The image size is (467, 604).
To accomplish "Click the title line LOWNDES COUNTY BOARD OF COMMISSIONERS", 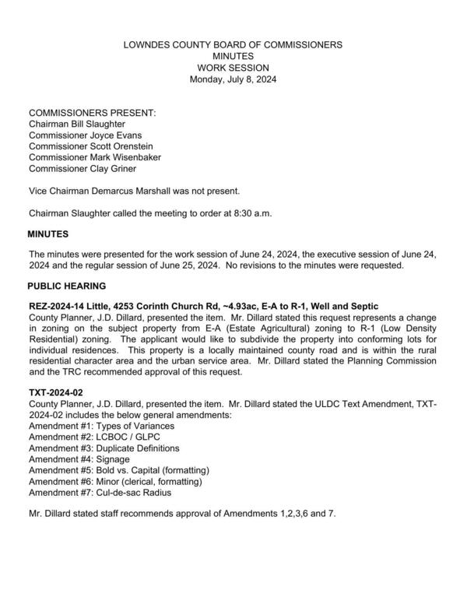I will (x=233, y=45).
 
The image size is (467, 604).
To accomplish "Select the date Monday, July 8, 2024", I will (x=233, y=79).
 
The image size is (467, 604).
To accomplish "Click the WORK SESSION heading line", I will (x=233, y=68).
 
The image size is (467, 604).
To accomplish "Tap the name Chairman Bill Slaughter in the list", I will (x=76, y=124).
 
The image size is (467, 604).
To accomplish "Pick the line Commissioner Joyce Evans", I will (x=82, y=135).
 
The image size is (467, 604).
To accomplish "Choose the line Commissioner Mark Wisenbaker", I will (x=94, y=156).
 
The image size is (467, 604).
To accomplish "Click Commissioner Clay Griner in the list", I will (x=81, y=167).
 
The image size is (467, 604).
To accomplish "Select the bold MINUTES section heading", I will (x=48, y=234).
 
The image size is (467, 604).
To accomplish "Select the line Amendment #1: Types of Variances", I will (x=101, y=427).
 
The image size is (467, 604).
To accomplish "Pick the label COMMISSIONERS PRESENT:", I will (x=92, y=113).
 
